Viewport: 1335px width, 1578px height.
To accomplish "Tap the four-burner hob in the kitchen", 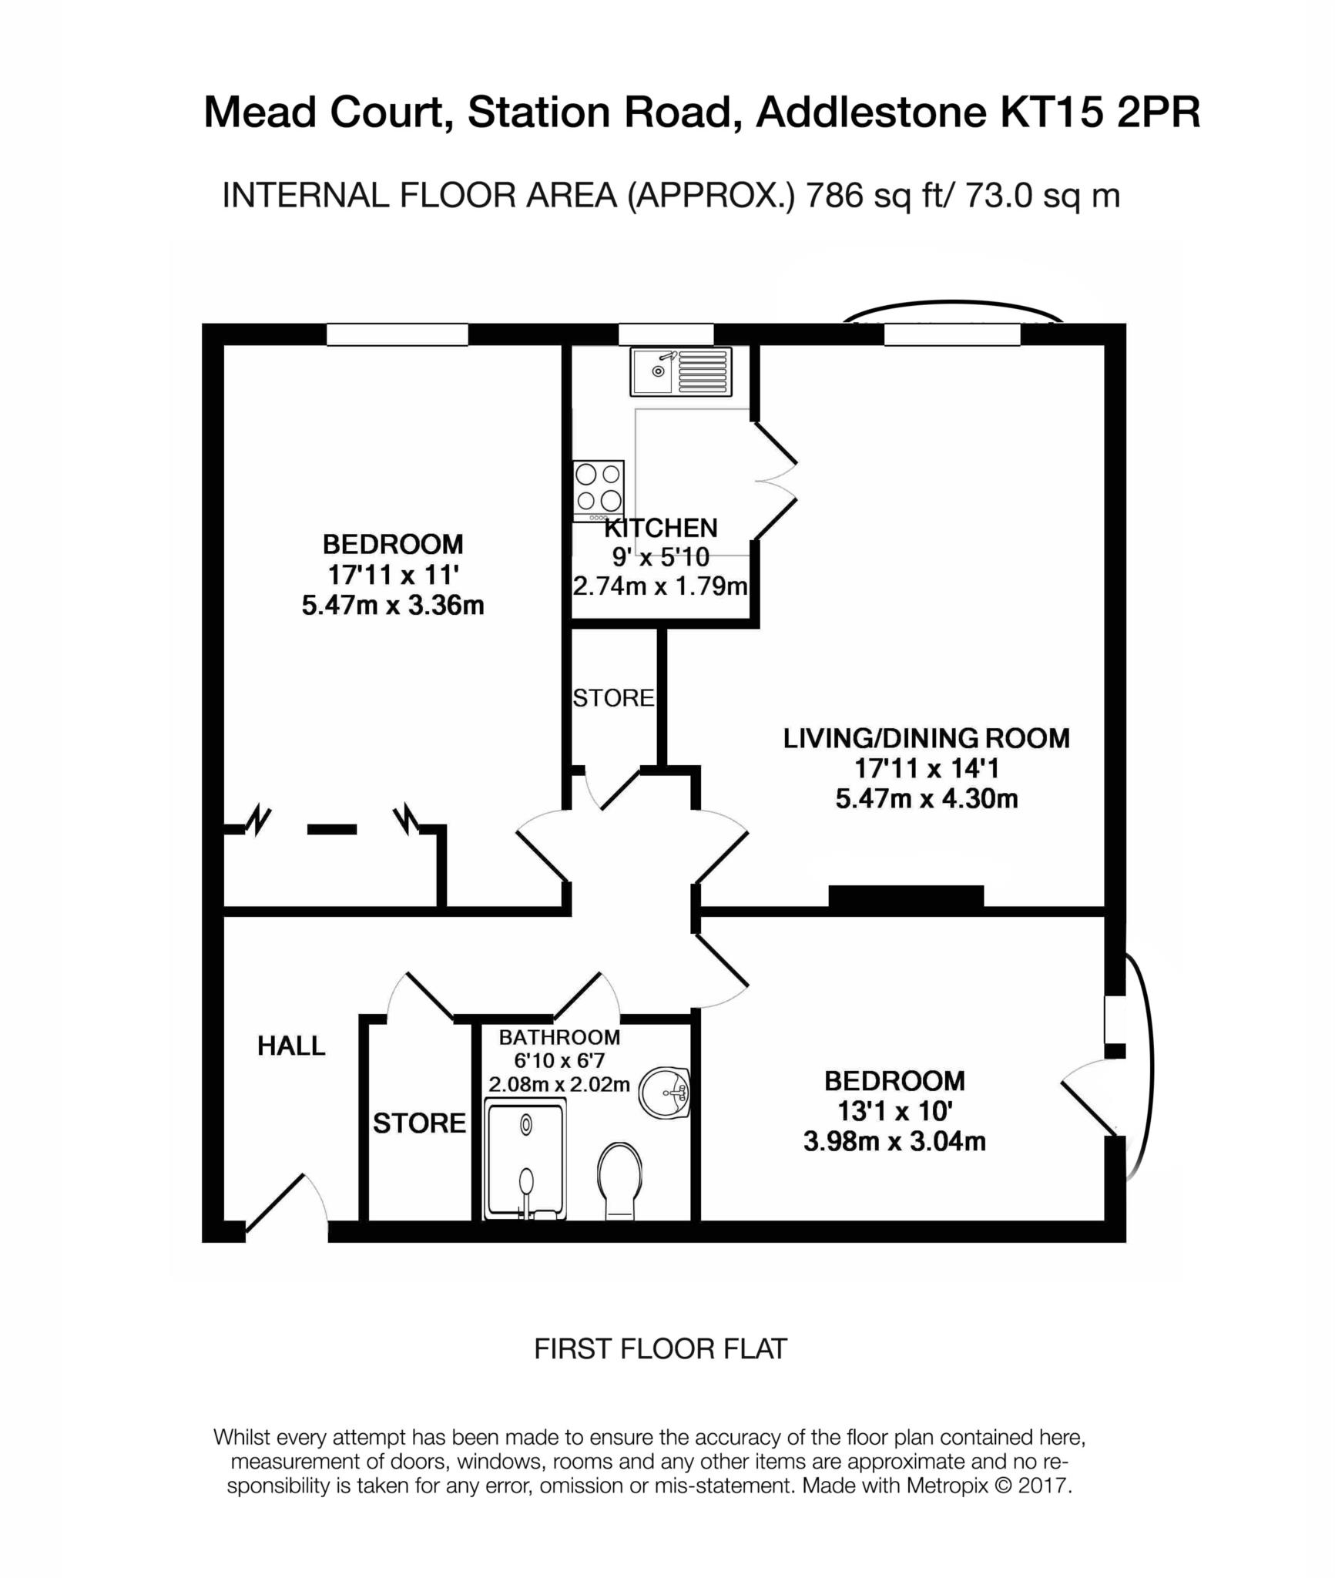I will pyautogui.click(x=598, y=491).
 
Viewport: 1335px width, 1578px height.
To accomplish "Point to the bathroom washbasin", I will pyautogui.click(x=665, y=1093).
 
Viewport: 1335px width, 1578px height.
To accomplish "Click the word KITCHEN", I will pyautogui.click(x=661, y=528).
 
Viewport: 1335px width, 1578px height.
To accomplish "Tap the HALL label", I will pyautogui.click(x=291, y=1046).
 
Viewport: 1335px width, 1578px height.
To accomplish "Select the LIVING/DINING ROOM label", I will pyautogui.click(x=926, y=738).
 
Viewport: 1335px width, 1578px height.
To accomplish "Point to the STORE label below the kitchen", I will pyautogui.click(x=613, y=698).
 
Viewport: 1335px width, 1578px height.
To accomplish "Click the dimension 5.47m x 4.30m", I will pyautogui.click(x=926, y=798).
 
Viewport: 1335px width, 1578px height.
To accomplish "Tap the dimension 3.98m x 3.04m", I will pyautogui.click(x=894, y=1140).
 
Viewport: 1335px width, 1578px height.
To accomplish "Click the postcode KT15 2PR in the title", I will pyautogui.click(x=1099, y=112).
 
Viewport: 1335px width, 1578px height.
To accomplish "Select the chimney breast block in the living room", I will pyautogui.click(x=906, y=896).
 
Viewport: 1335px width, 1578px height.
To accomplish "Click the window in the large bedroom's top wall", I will pyautogui.click(x=397, y=334).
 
